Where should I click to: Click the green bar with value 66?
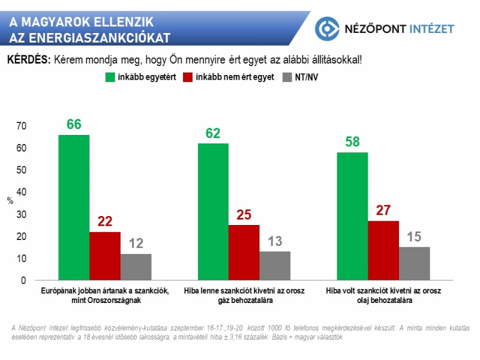tap(74, 208)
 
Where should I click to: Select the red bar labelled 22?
tap(105, 256)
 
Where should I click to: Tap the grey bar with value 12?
tap(136, 267)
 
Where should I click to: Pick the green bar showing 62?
tap(213, 212)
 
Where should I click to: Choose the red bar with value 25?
tap(244, 253)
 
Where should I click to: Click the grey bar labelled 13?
tap(275, 266)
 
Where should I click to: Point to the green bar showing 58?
tap(353, 217)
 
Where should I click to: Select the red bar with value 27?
tap(384, 251)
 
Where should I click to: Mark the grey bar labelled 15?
tap(415, 264)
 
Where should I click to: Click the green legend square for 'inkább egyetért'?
tap(110, 77)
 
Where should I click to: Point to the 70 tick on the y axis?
tap(22, 126)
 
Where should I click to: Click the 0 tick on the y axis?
tap(24, 280)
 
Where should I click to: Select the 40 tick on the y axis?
tap(22, 192)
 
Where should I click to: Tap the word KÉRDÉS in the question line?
tap(28, 61)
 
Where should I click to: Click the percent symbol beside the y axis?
tap(10, 201)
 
